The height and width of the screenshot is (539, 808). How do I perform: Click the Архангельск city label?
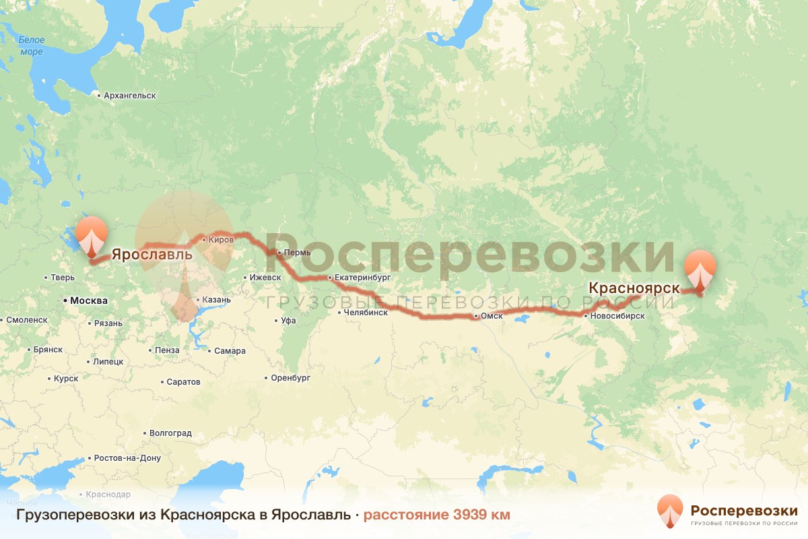click(129, 96)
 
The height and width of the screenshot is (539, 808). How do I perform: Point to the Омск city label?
click(491, 317)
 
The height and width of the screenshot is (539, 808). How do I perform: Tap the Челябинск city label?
click(365, 313)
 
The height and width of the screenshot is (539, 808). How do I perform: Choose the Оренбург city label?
click(290, 379)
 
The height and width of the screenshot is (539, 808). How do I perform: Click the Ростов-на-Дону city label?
click(128, 458)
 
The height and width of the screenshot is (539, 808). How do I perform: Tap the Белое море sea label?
click(31, 46)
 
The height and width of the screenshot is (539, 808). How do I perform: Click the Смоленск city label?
click(26, 320)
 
